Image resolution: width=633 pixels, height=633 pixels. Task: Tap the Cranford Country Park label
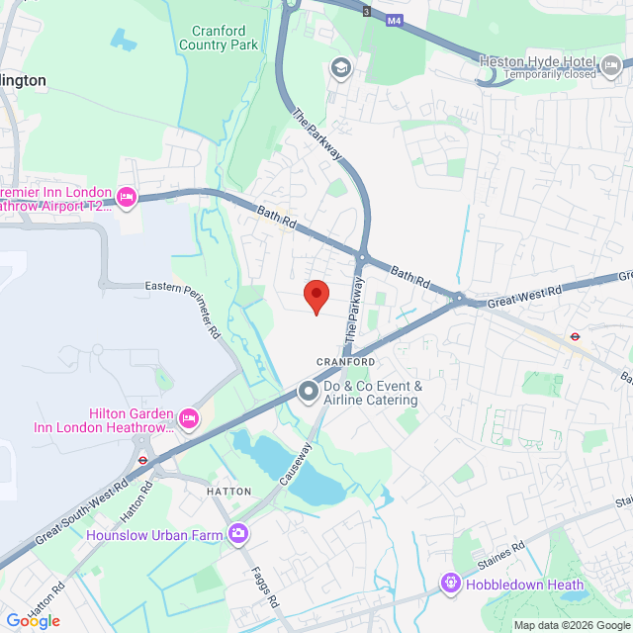click(219, 38)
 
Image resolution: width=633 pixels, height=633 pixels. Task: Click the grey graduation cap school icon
click(341, 67)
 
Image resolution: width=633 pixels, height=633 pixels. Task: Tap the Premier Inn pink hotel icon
click(127, 198)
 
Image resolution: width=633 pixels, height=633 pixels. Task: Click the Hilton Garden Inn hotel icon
click(188, 419)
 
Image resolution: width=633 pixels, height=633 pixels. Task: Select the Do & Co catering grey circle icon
click(308, 394)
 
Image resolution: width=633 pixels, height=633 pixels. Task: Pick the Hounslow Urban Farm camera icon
click(237, 535)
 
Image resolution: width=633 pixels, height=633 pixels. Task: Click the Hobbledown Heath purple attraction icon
click(452, 585)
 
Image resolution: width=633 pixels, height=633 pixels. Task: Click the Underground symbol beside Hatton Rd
click(142, 459)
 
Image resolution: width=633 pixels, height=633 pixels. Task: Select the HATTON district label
click(229, 491)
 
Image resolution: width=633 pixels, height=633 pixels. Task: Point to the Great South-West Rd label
click(81, 512)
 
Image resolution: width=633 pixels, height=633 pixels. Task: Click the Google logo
click(33, 620)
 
